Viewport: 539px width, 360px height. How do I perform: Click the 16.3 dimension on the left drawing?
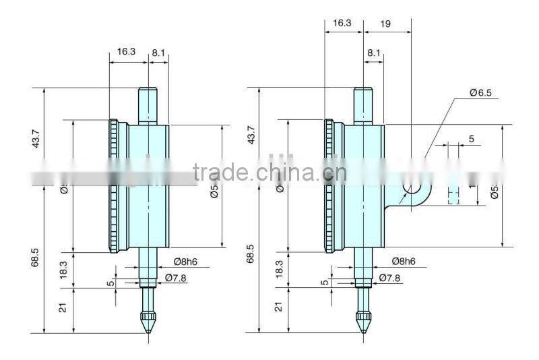point(126,51)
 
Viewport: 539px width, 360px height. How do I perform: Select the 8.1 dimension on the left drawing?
point(158,51)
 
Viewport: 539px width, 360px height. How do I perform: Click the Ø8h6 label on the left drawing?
point(185,262)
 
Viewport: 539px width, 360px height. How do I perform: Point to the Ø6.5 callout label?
point(482,92)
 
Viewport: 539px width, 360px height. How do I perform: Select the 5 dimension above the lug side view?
point(471,139)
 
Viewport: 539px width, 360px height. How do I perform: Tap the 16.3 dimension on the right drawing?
point(342,23)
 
